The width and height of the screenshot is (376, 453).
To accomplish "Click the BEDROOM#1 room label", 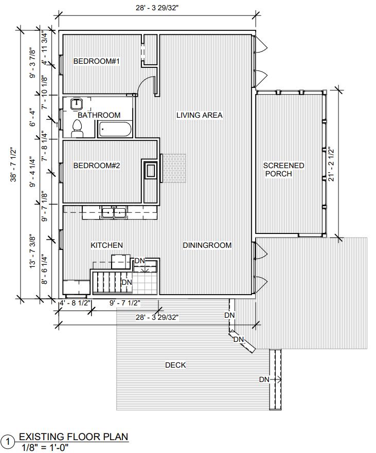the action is [x=97, y=61].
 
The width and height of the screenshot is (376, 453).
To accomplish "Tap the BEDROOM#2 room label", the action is [x=97, y=166].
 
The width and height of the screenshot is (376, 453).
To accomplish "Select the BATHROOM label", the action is [x=99, y=115].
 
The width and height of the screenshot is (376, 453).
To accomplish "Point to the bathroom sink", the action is [x=77, y=104].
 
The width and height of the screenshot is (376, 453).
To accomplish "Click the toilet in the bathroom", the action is [x=77, y=129].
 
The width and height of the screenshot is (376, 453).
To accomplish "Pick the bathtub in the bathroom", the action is [x=115, y=130].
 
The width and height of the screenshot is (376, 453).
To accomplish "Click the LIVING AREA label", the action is [x=200, y=115].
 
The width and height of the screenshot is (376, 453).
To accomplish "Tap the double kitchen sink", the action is [x=114, y=212].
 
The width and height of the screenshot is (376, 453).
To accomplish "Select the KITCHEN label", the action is [x=106, y=245].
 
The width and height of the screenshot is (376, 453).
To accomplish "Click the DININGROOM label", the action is [x=207, y=245].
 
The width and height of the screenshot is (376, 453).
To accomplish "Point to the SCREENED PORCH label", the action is [x=283, y=170].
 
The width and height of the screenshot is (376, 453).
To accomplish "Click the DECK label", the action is [x=175, y=365].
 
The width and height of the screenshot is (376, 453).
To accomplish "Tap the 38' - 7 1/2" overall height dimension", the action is [x=13, y=165].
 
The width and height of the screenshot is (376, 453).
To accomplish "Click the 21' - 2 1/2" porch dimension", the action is [x=331, y=165].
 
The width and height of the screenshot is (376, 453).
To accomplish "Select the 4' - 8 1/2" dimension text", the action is [x=75, y=303].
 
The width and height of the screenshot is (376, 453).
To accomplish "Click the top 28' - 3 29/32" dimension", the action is [x=157, y=8].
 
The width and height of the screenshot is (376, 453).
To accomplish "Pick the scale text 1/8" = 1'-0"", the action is [x=45, y=447].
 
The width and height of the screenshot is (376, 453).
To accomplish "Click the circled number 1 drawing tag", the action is [x=8, y=442].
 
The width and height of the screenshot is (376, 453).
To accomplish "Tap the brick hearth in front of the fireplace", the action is [x=174, y=168].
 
